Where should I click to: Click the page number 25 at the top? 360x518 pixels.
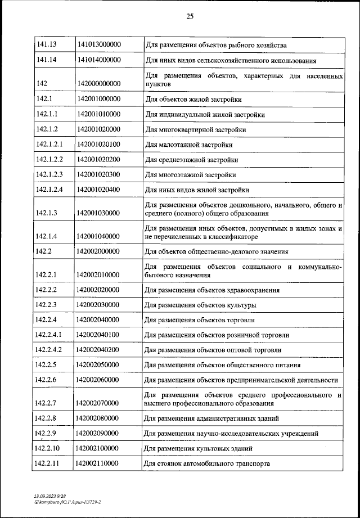(190, 16)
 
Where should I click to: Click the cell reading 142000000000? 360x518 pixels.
(99, 83)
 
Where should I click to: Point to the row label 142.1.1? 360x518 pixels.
(47, 114)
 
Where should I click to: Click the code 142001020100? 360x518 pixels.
(99, 145)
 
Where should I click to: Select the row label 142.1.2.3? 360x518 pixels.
(49, 174)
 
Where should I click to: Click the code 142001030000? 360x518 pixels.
(99, 213)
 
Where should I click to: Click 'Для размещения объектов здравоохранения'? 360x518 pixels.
(212, 290)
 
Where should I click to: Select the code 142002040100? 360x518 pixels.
(99, 335)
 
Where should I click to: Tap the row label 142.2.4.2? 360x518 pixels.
(49, 349)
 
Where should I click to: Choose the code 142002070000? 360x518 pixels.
(99, 403)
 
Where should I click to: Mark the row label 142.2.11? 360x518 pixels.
(47, 463)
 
